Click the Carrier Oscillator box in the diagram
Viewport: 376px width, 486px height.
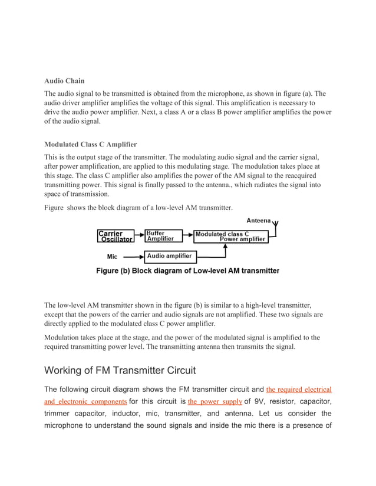(116, 237)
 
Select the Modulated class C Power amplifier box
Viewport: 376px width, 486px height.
(230, 237)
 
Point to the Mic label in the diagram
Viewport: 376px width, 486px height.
(112, 257)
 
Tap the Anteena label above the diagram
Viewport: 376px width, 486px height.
(258, 221)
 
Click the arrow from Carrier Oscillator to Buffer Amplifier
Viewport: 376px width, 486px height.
(140, 237)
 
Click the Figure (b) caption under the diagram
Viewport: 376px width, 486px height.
(187, 271)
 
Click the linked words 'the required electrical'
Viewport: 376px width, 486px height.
(299, 390)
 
